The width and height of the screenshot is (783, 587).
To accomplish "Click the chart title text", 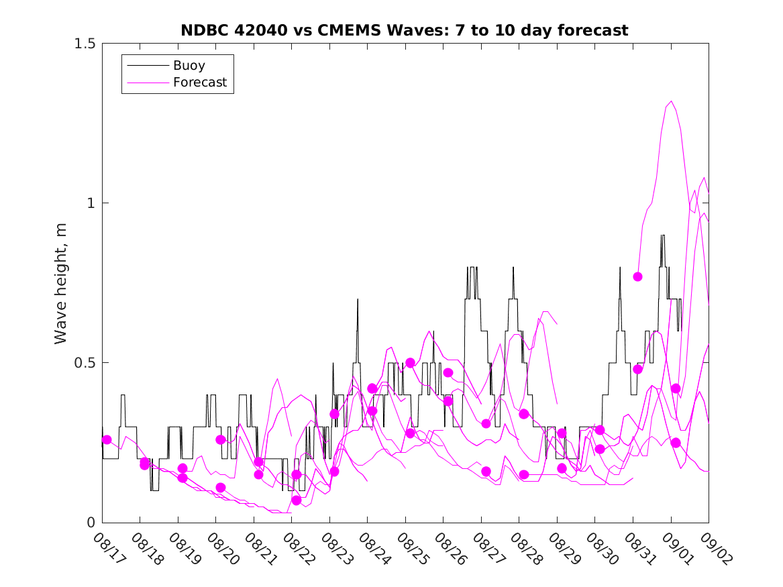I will pos(405,30).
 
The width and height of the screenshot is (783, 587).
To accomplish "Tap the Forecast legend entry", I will pos(199,83).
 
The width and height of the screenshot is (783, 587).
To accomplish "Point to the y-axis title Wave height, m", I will pos(61,283).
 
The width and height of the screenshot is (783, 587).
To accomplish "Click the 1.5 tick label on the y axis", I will pos(85,44).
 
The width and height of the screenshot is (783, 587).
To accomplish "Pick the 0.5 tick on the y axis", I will pos(85,363).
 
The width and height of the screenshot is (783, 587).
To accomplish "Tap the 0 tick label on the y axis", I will pos(91,523).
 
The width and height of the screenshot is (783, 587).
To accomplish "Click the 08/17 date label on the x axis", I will pos(108,548).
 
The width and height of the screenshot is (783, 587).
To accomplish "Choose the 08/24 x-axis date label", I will pos(373,548).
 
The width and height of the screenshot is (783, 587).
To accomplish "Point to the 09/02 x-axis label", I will pos(714,548).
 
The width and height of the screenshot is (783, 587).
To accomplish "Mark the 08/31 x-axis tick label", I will pos(638,548).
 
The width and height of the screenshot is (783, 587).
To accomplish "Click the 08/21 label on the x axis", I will pos(260,548).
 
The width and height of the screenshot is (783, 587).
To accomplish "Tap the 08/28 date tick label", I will pos(525,548).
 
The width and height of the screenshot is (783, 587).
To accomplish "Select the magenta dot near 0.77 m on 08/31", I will pos(638,276).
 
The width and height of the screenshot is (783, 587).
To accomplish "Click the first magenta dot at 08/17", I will pos(107,439).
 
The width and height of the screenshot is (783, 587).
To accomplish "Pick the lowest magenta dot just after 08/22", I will pos(297,500).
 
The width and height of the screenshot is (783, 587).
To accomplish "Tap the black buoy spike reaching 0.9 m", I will pos(663,236).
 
